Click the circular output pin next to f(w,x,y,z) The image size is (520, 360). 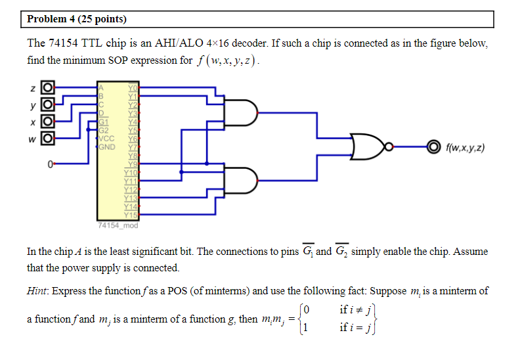(432, 147)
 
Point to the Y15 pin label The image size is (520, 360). (131, 214)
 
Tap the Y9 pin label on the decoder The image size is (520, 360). (133, 164)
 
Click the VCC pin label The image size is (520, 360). (107, 138)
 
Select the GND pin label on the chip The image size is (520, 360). (107, 146)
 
